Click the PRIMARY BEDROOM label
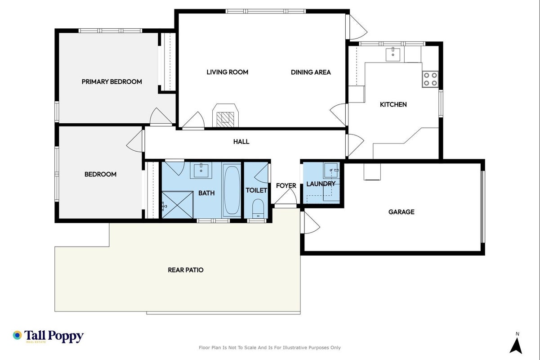pyautogui.click(x=112, y=82)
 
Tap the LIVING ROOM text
pyautogui.click(x=228, y=72)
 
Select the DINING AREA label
pyautogui.click(x=311, y=72)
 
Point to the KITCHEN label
pyautogui.click(x=393, y=104)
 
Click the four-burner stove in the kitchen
pyautogui.click(x=430, y=79)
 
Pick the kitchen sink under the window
pyautogui.click(x=393, y=54)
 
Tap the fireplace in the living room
pyautogui.click(x=225, y=116)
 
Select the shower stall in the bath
pyautogui.click(x=178, y=205)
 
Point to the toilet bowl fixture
pyautogui.click(x=258, y=208)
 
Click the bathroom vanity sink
pyautogui.click(x=201, y=171)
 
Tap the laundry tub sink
pyautogui.click(x=331, y=171)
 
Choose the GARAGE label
pyautogui.click(x=402, y=212)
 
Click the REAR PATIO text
pyautogui.click(x=186, y=270)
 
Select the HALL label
pyautogui.click(x=241, y=142)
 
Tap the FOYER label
pyautogui.click(x=286, y=185)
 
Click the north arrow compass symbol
pyautogui.click(x=516, y=344)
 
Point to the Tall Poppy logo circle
pyautogui.click(x=17, y=335)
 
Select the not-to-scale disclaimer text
pyautogui.click(x=269, y=348)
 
